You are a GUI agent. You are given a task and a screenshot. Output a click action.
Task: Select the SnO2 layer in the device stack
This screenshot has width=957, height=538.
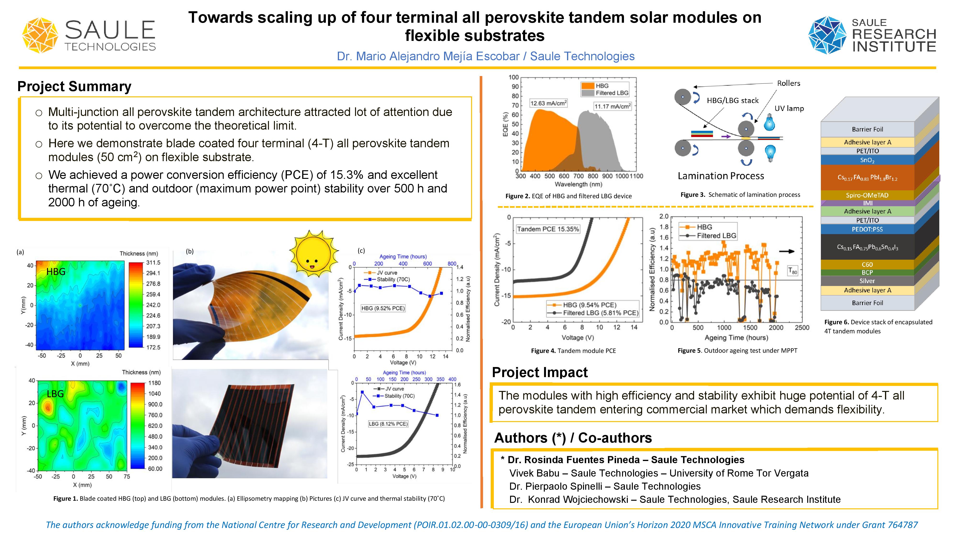pos(867,160)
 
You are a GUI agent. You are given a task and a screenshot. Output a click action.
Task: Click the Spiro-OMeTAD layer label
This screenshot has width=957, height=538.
pos(867,195)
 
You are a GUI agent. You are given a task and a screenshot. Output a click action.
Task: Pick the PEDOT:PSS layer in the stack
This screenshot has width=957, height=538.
pos(867,229)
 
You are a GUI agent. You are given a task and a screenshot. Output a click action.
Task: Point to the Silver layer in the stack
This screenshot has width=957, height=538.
pos(867,281)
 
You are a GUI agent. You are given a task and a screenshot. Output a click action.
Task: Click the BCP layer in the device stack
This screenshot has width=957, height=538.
pos(867,272)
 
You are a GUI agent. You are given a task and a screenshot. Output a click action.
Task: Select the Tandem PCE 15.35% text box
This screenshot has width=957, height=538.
pos(548,229)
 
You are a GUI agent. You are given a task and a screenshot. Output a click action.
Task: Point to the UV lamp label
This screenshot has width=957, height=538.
pos(789,108)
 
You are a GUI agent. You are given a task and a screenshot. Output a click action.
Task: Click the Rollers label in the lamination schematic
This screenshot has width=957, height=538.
pos(788,83)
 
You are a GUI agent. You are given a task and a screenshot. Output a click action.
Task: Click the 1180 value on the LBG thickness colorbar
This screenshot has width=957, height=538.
pos(155,383)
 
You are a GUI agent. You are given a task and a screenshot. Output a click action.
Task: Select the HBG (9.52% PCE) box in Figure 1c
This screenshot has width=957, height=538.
pos(383,308)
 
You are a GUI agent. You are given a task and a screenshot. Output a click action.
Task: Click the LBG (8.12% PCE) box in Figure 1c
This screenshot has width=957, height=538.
pos(388,424)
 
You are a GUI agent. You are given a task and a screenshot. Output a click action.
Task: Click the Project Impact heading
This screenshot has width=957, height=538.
pos(540,372)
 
